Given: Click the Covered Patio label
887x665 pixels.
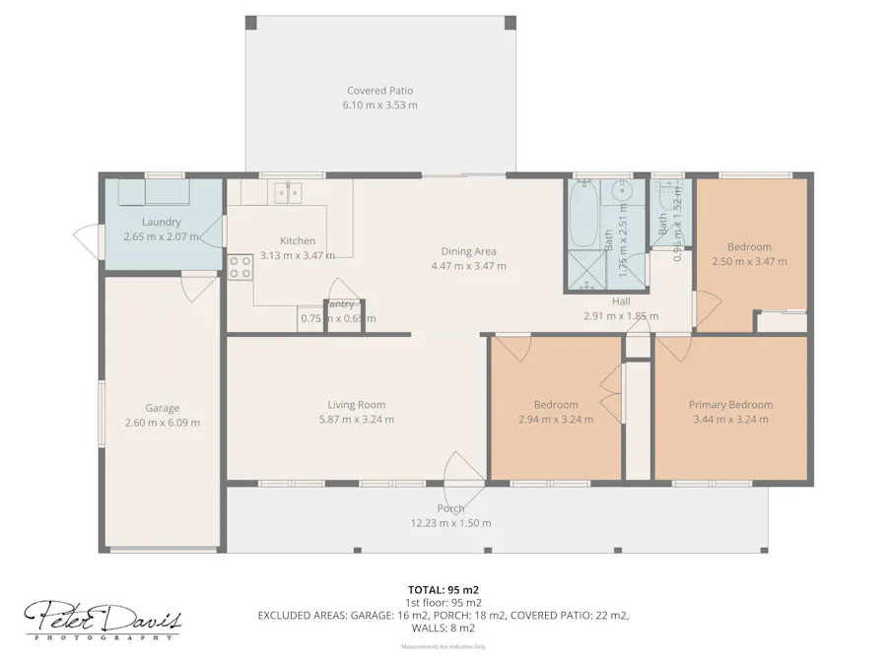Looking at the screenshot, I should click(379, 91).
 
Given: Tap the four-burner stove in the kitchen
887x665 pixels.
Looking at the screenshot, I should click(239, 267).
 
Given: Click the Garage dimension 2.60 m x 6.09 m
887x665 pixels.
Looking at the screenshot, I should click(163, 423).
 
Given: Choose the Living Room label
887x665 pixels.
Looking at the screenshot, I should click(357, 404).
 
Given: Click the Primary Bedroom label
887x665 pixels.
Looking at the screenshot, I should click(730, 404).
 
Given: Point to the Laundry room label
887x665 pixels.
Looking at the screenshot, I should click(161, 223).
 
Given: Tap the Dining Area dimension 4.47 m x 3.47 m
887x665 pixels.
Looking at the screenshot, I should click(468, 266).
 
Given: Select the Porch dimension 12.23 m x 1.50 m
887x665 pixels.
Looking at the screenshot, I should click(450, 523).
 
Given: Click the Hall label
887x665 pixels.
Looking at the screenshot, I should click(621, 301).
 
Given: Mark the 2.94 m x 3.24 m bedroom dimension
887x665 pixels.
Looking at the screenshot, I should click(556, 419).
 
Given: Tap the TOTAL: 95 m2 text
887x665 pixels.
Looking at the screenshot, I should click(443, 589).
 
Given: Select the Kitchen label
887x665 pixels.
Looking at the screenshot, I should click(298, 240).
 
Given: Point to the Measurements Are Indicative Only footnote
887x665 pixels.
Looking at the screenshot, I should click(443, 646).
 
